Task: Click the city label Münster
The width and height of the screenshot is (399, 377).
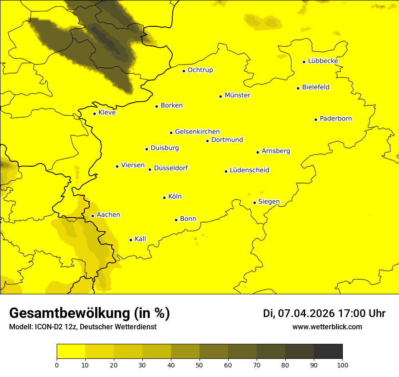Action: pyautogui.click(x=237, y=95)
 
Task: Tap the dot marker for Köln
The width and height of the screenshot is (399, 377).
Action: pyautogui.click(x=164, y=198)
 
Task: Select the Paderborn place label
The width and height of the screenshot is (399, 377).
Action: pyautogui.click(x=336, y=119)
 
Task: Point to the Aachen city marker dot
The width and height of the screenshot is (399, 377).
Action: pyautogui.click(x=92, y=216)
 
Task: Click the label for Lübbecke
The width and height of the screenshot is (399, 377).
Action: pyautogui.click(x=323, y=61)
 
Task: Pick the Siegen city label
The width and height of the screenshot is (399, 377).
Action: pyautogui.click(x=269, y=202)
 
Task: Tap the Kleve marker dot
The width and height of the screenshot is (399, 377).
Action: pyautogui.click(x=94, y=114)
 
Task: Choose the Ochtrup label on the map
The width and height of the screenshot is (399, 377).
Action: pyautogui.click(x=200, y=70)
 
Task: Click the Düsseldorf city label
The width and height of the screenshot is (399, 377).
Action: pyautogui.click(x=171, y=168)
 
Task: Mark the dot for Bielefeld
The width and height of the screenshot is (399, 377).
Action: pyautogui.click(x=298, y=88)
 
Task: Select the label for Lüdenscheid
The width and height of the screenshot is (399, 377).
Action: pyautogui.click(x=249, y=170)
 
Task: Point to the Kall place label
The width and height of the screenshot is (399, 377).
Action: pyautogui.click(x=140, y=239)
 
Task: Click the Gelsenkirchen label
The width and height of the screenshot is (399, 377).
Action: pyautogui.click(x=197, y=132)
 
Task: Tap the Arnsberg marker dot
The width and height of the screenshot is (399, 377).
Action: pyautogui.click(x=258, y=152)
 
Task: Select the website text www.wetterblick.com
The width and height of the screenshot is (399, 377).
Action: pyautogui.click(x=327, y=327)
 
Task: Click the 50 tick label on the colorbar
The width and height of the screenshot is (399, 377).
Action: pyautogui.click(x=199, y=365)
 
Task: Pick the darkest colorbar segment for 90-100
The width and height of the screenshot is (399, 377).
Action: pyautogui.click(x=328, y=352)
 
